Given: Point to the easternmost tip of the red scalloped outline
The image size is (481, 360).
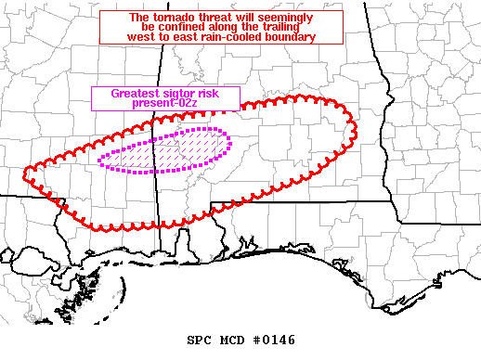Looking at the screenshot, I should coord(355,128).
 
